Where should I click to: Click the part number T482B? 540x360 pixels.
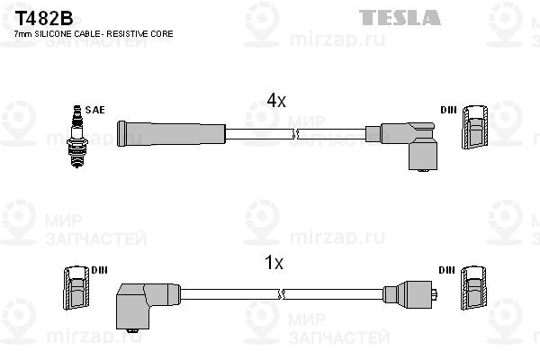[x=33, y=17]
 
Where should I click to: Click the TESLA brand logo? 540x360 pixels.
[x=400, y=17]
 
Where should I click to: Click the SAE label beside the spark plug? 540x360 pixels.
[x=96, y=110]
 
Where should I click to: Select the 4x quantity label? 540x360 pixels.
[x=275, y=102]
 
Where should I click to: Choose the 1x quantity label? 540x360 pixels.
[x=274, y=263]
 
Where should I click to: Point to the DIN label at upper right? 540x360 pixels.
[x=448, y=110]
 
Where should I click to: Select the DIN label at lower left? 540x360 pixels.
[x=98, y=269]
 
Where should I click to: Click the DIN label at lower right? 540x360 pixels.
[x=447, y=269]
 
